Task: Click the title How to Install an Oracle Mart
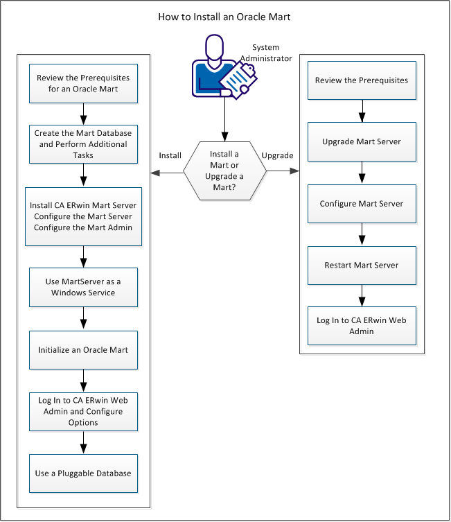(x=224, y=16)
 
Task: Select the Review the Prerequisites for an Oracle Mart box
(x=83, y=83)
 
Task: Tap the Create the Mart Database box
(x=83, y=142)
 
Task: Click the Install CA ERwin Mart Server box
(x=83, y=216)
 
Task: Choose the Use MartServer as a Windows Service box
(x=83, y=287)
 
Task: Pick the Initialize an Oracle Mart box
(x=83, y=349)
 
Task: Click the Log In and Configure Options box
(x=83, y=412)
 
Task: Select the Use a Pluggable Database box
(x=83, y=473)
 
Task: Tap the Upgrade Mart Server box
(x=361, y=141)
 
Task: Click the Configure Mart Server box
(x=361, y=204)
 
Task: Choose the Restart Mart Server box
(x=361, y=265)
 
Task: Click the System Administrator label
(x=271, y=53)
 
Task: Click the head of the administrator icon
(x=215, y=47)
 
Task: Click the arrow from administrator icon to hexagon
(x=223, y=122)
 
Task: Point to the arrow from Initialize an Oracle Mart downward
(x=83, y=380)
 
